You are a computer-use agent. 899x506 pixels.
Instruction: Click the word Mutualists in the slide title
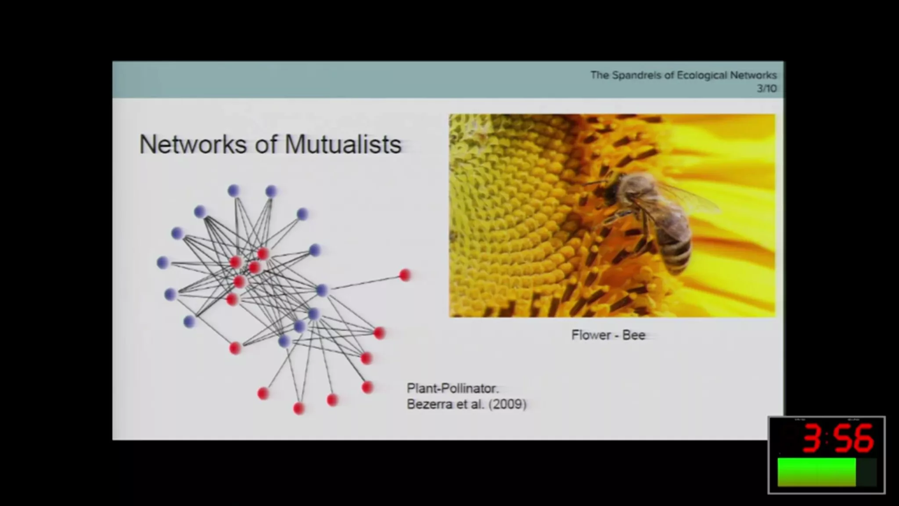click(343, 144)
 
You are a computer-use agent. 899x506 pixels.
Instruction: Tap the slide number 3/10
click(766, 89)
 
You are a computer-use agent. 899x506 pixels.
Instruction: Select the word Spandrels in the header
click(636, 76)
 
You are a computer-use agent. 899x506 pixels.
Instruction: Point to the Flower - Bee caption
click(608, 335)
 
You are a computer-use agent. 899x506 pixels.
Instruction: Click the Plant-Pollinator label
click(453, 389)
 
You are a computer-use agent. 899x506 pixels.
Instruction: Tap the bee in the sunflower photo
click(645, 220)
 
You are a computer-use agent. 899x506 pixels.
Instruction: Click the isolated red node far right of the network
click(405, 275)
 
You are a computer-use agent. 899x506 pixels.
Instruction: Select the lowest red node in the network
click(299, 408)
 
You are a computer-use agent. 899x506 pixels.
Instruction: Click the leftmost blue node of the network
click(163, 263)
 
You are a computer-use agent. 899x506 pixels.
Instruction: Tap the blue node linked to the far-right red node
click(322, 290)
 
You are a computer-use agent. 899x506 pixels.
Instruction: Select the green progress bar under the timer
click(816, 472)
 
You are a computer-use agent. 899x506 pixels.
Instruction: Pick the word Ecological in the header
click(702, 76)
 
